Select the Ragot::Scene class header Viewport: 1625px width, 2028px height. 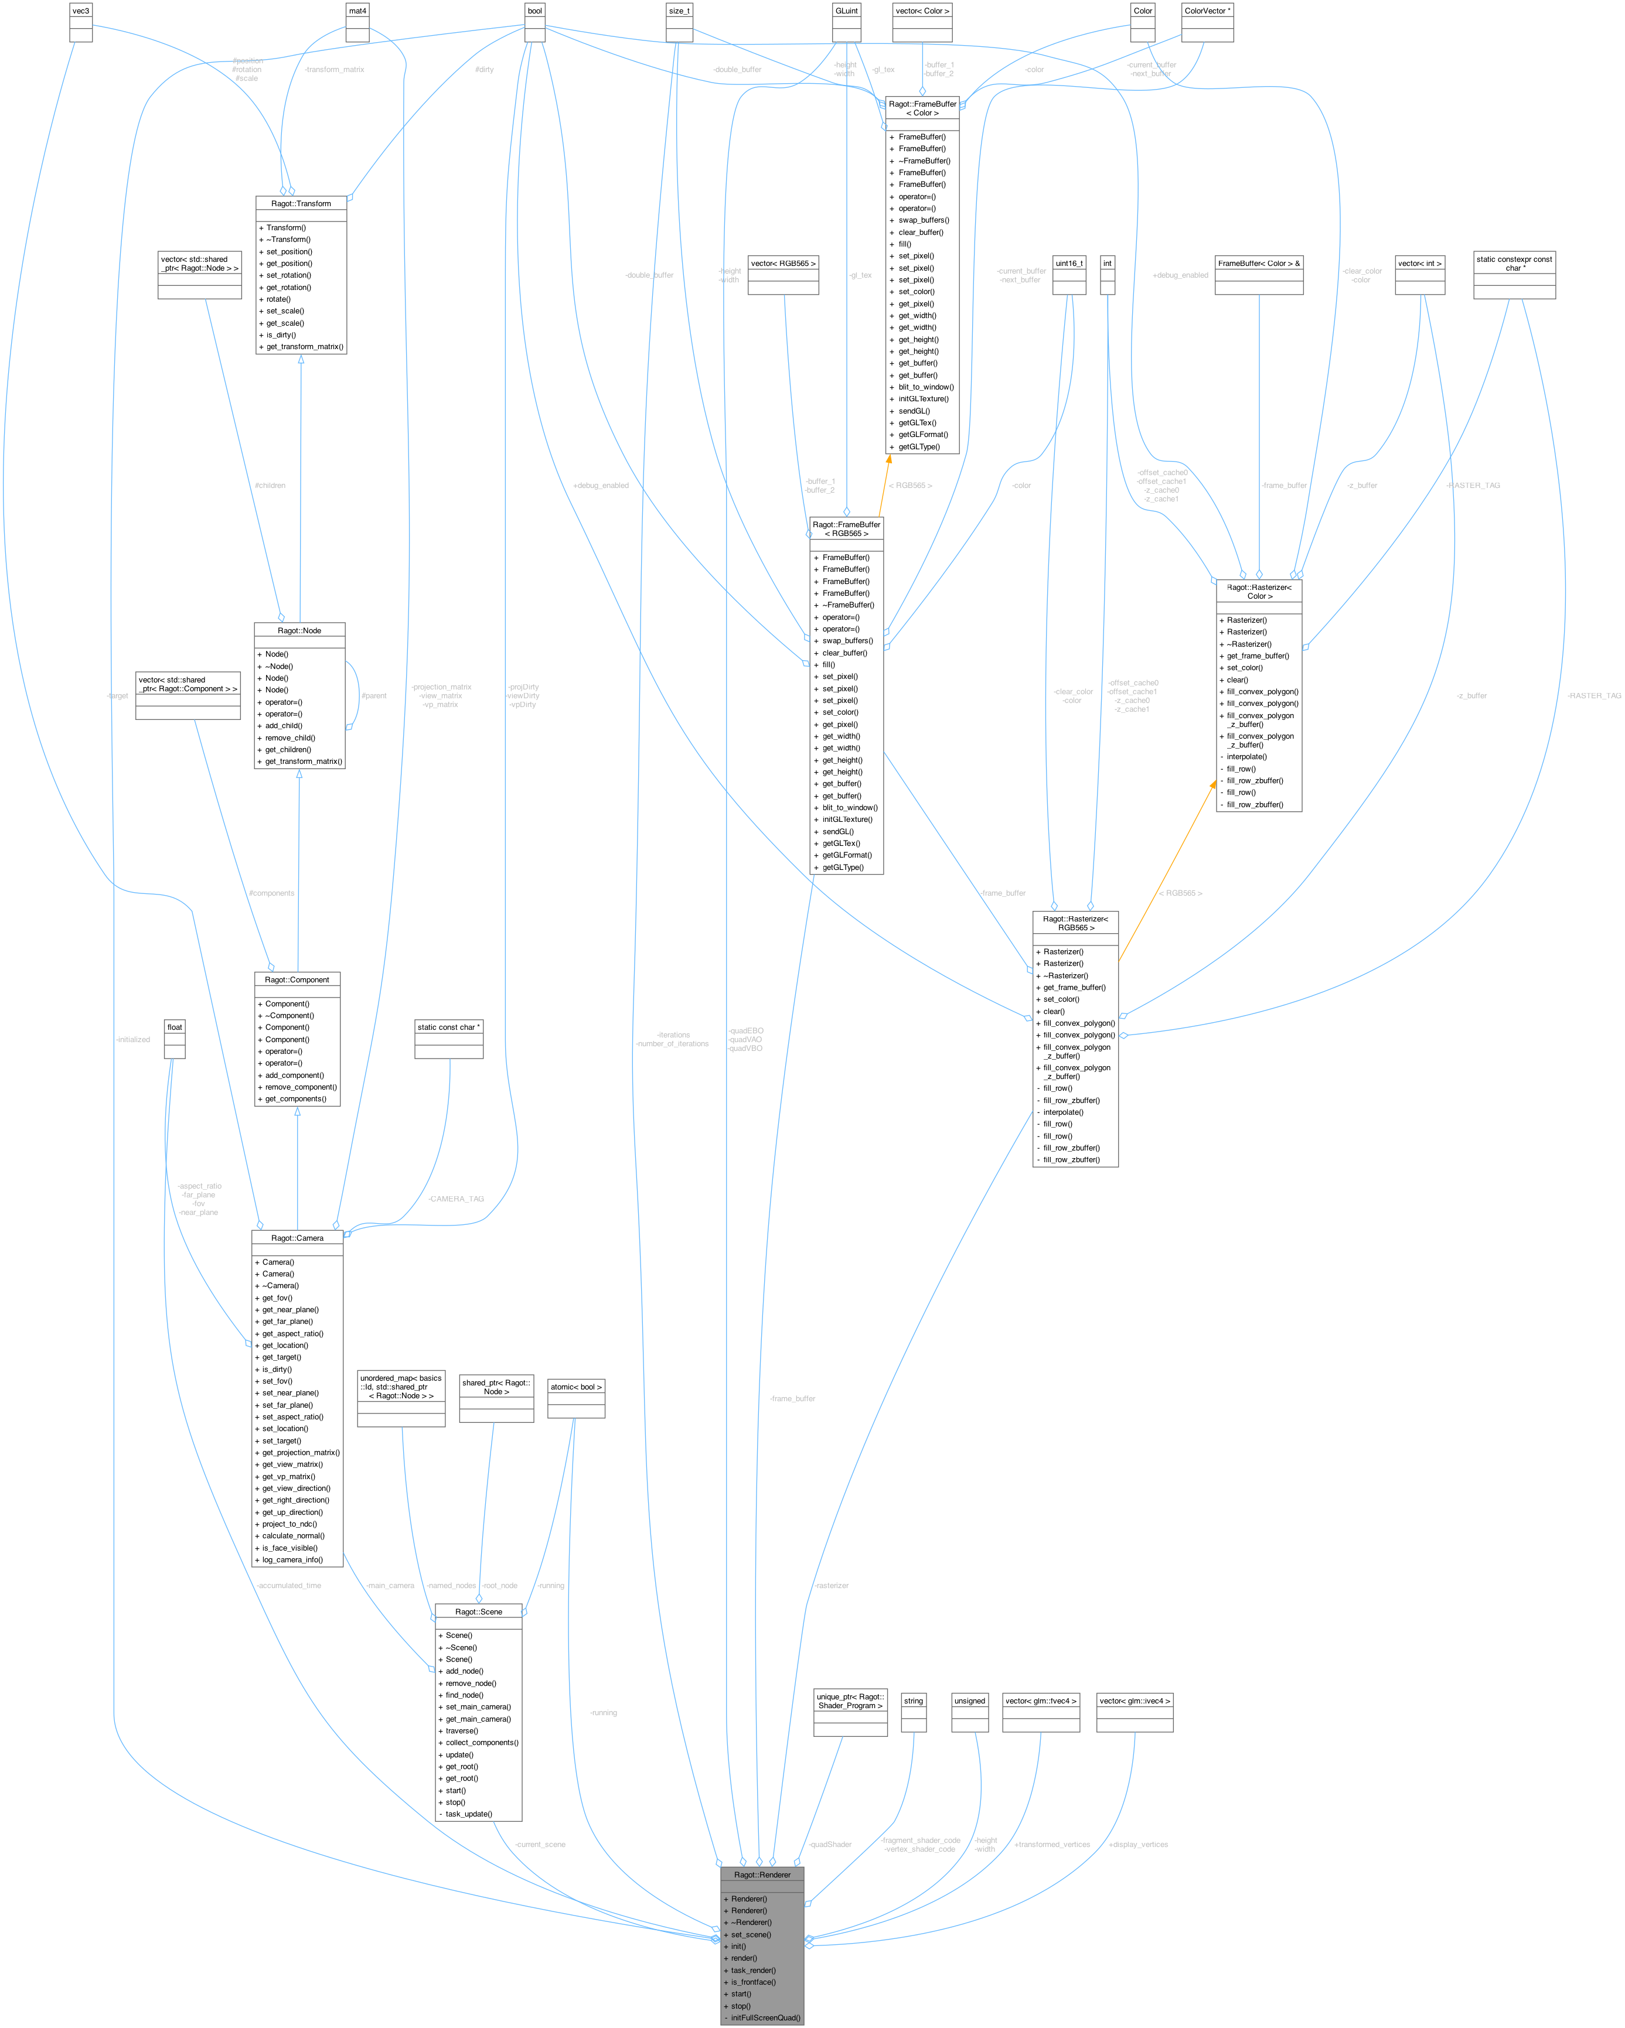click(478, 1612)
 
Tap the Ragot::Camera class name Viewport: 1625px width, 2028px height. click(297, 1238)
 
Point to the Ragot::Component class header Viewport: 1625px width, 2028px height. click(297, 979)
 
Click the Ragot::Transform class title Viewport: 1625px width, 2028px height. click(301, 203)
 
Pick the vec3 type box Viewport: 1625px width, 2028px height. click(81, 11)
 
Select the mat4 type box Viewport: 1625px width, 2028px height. click(357, 11)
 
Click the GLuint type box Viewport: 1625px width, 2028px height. click(846, 11)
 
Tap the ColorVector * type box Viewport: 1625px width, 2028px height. click(1207, 11)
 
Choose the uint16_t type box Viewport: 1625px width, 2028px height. click(1069, 264)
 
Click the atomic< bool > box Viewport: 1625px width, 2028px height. click(576, 1387)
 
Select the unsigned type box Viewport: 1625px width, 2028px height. click(969, 1701)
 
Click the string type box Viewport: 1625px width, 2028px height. click(914, 1701)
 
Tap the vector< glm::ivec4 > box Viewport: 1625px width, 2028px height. click(1135, 1701)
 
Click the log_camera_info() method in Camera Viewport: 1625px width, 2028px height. click(292, 1559)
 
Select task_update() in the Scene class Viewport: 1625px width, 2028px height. click(469, 1814)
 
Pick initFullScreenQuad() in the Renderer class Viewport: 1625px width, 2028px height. click(765, 2017)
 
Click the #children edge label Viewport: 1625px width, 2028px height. click(270, 486)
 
